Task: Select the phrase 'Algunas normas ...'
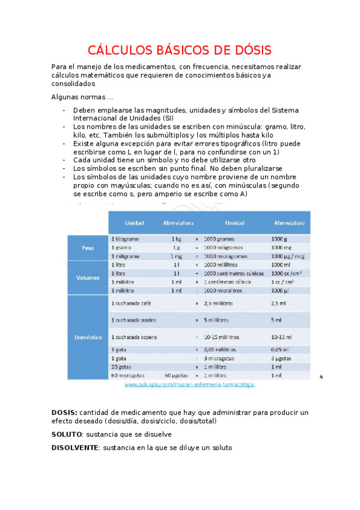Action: [82, 97]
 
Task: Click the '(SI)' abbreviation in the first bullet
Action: [166, 118]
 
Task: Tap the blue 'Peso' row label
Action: [88, 247]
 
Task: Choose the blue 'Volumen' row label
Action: [88, 278]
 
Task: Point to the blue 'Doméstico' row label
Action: [88, 337]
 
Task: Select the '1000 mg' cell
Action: [281, 247]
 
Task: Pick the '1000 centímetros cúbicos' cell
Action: [234, 273]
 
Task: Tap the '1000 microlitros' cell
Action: [225, 290]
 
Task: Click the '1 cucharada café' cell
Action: [130, 303]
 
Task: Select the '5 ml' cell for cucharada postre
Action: [276, 319]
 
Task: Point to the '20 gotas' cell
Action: [121, 367]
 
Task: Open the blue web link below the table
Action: [189, 384]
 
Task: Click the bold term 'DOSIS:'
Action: [64, 413]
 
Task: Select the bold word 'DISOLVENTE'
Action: [75, 448]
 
